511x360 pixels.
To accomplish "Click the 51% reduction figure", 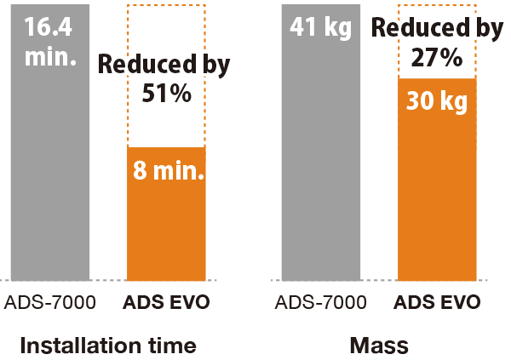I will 165,93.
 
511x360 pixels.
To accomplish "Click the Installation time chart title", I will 107,346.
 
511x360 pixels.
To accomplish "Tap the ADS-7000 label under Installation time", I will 49,302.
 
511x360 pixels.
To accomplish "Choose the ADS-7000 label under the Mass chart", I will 320,302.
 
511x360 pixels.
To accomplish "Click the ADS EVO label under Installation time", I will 166,302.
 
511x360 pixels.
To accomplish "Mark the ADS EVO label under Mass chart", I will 437,302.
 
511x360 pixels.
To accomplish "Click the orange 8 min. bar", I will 166,230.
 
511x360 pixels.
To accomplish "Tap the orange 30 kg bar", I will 437,196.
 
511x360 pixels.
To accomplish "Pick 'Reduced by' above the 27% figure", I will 437,29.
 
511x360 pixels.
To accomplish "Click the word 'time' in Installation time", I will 171,346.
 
